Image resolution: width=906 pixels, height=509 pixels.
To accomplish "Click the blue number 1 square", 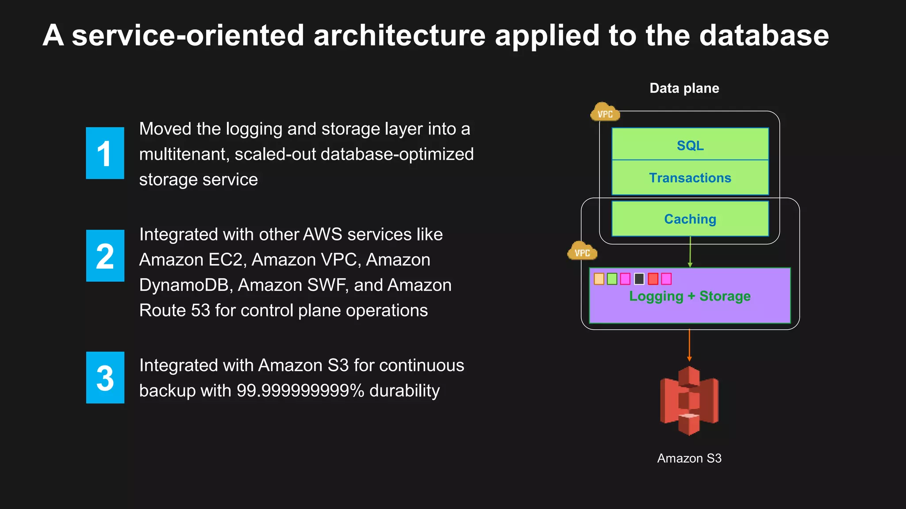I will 105,153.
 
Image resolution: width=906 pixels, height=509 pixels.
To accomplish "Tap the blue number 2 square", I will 105,255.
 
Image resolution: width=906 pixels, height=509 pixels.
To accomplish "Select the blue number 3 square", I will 105,377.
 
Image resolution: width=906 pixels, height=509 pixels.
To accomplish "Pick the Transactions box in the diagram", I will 690,178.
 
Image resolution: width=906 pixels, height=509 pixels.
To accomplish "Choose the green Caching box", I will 690,219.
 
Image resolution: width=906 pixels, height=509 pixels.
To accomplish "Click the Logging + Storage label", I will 690,296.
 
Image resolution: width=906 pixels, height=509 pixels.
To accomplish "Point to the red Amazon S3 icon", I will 689,400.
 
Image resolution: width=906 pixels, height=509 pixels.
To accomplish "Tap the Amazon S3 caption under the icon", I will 689,458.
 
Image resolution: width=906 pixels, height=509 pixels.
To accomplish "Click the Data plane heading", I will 684,88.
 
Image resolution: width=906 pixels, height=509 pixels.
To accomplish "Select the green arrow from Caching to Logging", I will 690,252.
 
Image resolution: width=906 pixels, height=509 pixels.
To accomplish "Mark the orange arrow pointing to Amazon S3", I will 689,345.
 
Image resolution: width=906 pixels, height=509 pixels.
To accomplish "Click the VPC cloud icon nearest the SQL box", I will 605,113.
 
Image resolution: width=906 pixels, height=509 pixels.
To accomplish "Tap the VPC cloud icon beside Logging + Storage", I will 582,251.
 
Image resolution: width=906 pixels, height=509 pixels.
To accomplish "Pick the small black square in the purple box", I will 639,279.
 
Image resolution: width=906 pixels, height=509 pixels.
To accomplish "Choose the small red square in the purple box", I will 653,279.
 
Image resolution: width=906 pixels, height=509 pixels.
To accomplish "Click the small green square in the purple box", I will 612,279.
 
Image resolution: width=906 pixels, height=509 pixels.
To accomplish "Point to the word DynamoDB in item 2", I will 186,285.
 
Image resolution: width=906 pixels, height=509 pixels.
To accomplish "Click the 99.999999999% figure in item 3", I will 300,391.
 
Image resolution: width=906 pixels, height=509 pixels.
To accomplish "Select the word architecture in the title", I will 399,35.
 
